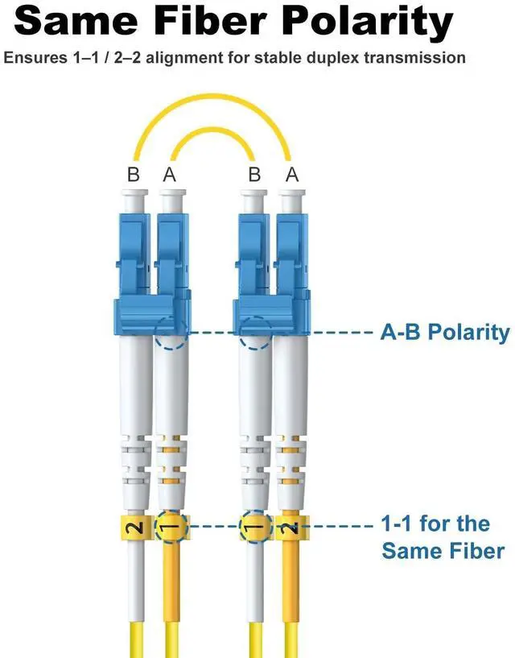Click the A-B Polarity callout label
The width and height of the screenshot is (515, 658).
click(x=444, y=332)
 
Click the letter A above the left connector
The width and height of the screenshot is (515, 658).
click(x=169, y=173)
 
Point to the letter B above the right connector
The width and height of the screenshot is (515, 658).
click(x=254, y=173)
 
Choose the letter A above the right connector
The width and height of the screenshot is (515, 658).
click(x=291, y=173)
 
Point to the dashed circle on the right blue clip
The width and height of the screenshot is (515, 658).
click(x=255, y=331)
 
